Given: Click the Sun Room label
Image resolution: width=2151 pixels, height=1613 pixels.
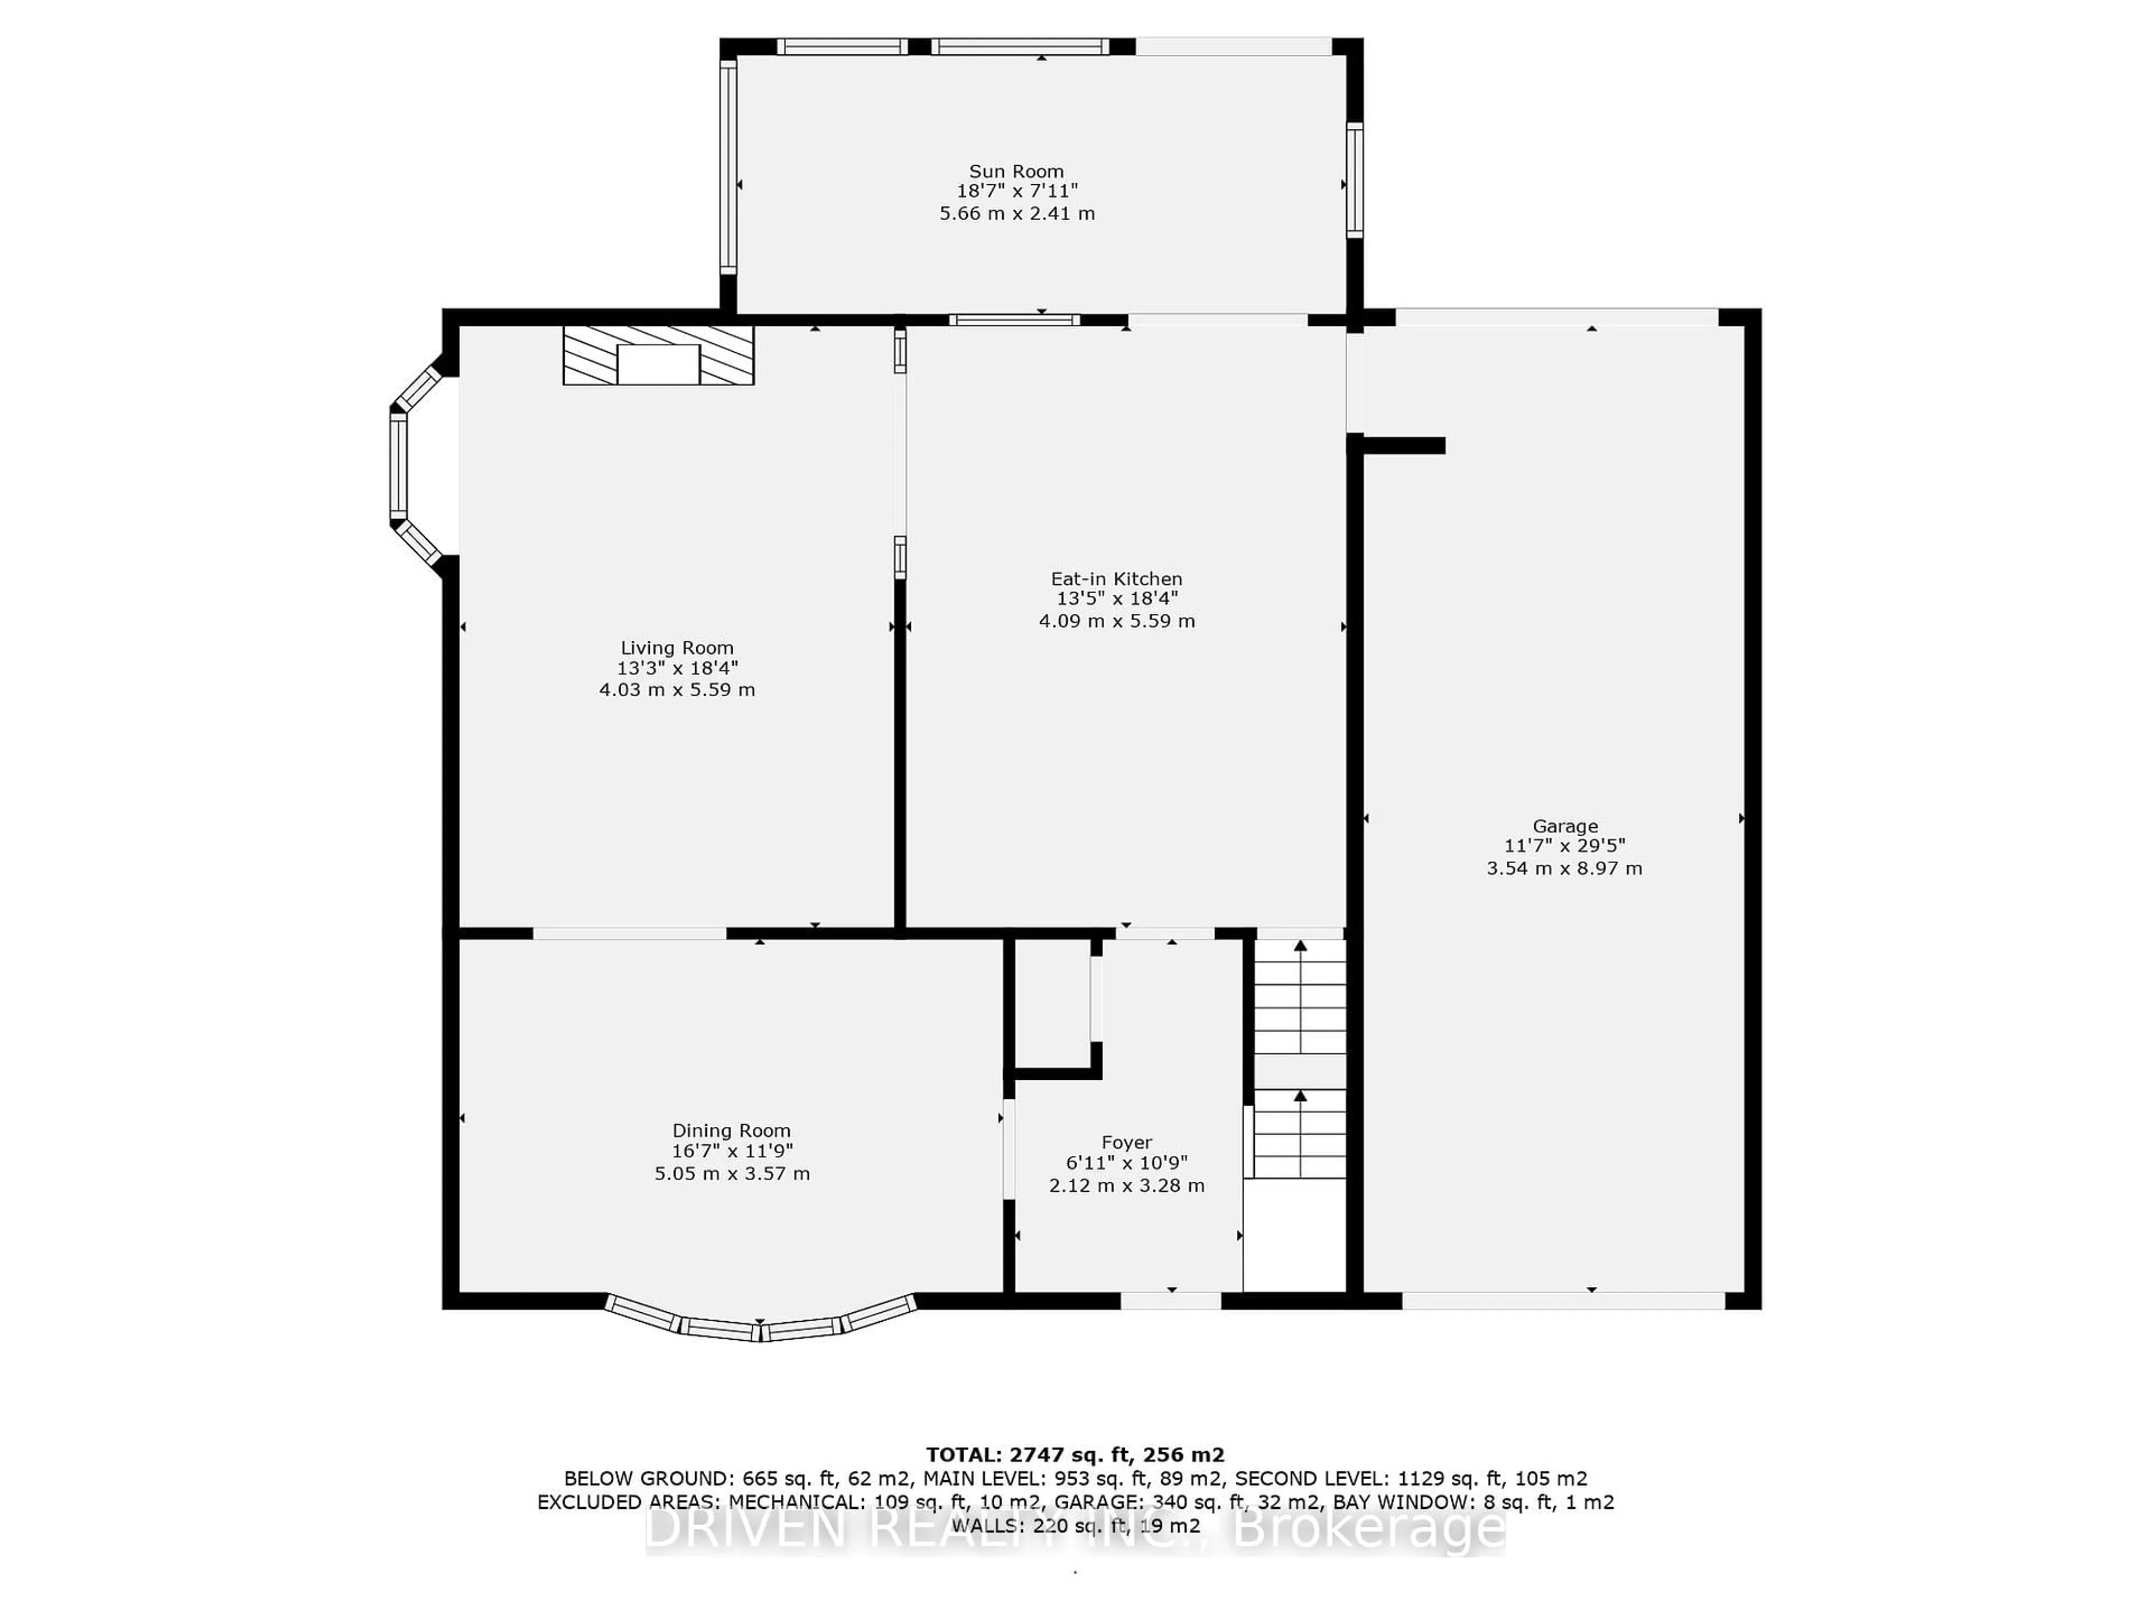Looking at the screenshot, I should (1016, 171).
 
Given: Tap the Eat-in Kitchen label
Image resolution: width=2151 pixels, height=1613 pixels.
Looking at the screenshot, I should (1116, 579).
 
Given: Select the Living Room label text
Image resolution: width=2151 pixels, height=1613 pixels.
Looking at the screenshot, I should (677, 647).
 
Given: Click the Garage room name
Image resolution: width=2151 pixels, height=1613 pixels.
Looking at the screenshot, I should (1565, 827).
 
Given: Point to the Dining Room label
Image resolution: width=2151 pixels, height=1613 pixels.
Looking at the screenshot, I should (731, 1131).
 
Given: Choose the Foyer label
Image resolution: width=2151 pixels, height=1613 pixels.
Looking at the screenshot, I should (1126, 1143).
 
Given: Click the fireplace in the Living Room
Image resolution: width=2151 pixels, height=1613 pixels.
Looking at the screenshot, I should (658, 356).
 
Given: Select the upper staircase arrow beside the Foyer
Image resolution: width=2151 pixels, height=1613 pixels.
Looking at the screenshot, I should (1300, 946).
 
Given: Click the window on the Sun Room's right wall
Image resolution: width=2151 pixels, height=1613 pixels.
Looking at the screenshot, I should (1353, 180).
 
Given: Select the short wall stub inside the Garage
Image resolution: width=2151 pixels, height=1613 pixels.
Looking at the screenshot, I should (1403, 445).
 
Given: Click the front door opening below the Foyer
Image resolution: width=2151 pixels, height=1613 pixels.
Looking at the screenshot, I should (1171, 1300).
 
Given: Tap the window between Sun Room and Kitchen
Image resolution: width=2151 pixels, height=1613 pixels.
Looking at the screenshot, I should (1014, 319).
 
